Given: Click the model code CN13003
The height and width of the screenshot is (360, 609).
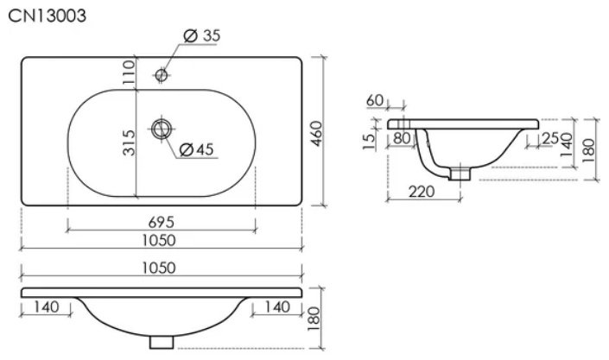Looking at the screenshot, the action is point(47,16).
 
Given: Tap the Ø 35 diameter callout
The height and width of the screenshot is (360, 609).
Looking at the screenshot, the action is point(202,35).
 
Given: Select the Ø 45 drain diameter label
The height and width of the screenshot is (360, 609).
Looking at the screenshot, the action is point(197,149).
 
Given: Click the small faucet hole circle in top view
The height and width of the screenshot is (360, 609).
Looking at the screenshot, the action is point(162,74).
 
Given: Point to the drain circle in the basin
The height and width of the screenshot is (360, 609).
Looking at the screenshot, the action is point(162,129).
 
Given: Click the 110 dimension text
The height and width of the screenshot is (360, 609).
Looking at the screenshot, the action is point(128,73).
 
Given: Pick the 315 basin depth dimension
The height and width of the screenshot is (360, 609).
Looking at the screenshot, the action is point(129,143).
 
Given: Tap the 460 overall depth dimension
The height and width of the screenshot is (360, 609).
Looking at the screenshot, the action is point(317,134).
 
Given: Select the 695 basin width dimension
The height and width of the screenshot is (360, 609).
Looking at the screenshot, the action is point(162,222).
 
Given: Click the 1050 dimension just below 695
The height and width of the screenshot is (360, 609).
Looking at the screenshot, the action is point(159,240).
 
